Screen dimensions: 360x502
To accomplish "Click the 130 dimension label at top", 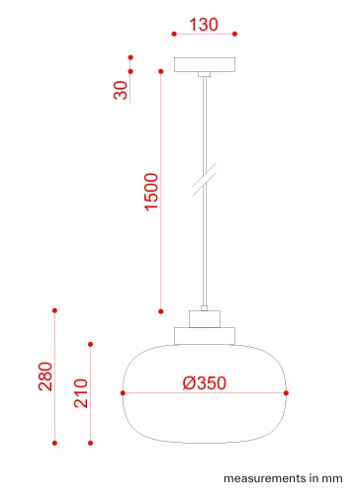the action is pos(204,25).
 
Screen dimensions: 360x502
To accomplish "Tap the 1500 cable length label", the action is pos(151,192).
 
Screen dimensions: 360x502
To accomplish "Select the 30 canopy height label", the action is pos(121,90).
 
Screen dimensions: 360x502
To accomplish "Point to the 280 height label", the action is pos(45,376).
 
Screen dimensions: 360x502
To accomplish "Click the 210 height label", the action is pos(81,393).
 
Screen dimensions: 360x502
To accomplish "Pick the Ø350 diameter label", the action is pos(205,382).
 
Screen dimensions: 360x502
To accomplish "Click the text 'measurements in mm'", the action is pos(283,478).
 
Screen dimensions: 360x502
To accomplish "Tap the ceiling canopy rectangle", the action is pos(205,64).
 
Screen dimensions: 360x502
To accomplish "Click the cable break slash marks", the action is pos(205,180).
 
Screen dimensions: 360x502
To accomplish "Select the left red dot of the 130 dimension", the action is pos(174,34).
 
